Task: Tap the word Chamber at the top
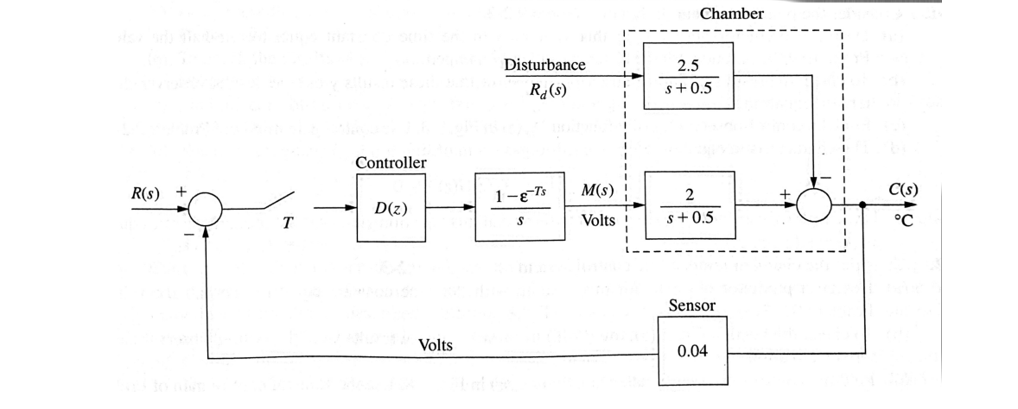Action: click(x=732, y=14)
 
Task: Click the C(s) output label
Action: click(x=902, y=191)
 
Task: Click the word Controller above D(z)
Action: click(x=391, y=162)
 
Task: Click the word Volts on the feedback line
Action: click(x=436, y=346)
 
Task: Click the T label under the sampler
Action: click(x=287, y=223)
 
